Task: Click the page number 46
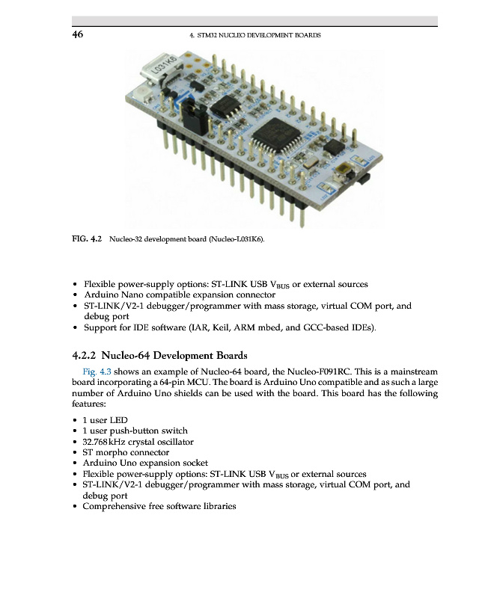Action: click(77, 35)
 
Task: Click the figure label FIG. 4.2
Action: click(87, 240)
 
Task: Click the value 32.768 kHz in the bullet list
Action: click(108, 442)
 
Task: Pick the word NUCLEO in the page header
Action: click(237, 36)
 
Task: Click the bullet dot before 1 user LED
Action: click(75, 420)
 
